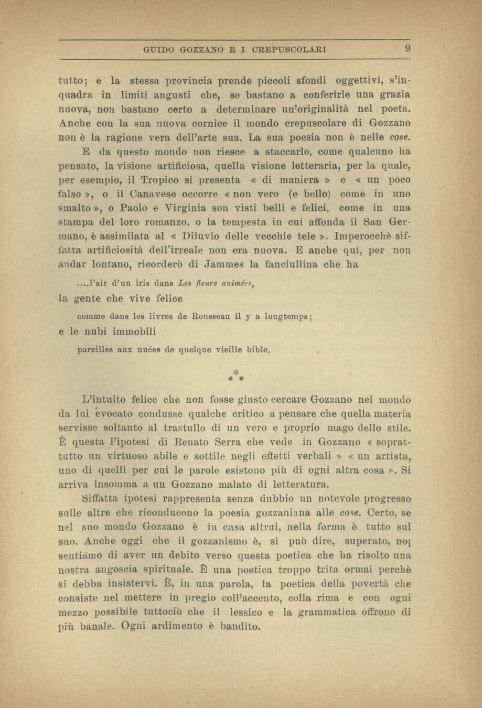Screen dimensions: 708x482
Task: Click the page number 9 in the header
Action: pos(406,50)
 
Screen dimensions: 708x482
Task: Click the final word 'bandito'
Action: pos(240,626)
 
